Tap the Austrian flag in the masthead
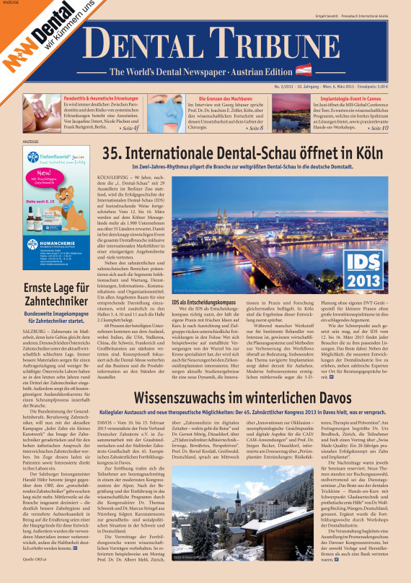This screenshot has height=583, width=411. coord(304,72)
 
